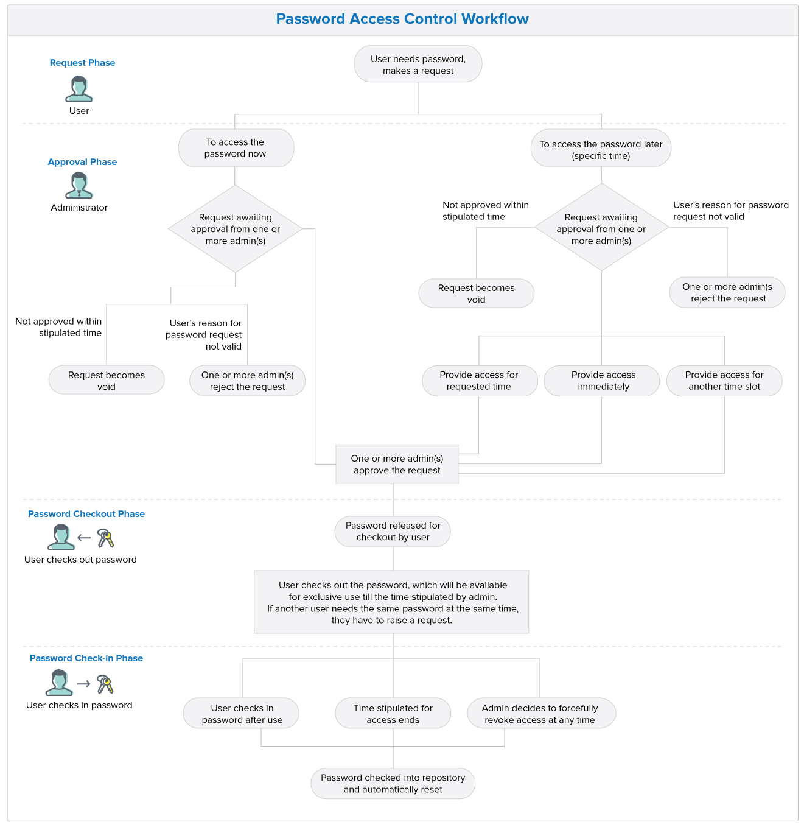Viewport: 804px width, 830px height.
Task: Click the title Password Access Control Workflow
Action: [402, 19]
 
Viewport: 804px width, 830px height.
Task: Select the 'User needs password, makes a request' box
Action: [418, 65]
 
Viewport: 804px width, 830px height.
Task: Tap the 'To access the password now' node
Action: [236, 148]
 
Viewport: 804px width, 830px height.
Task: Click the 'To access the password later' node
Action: [601, 150]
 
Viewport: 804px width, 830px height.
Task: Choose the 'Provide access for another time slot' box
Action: [724, 381]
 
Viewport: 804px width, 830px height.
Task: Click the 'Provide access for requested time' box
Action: [479, 381]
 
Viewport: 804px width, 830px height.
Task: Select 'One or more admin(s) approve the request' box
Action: [397, 464]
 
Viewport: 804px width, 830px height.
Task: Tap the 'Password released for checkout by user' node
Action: [393, 531]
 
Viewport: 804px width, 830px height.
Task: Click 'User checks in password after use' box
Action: [242, 714]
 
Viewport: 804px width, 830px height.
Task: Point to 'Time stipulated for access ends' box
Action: [393, 714]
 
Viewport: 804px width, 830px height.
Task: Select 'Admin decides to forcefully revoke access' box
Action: [540, 714]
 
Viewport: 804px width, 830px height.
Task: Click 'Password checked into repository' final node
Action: [393, 783]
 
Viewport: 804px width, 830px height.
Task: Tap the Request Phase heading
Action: [82, 63]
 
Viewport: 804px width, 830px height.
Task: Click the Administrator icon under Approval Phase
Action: [79, 185]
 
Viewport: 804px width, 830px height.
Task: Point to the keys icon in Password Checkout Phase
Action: [106, 538]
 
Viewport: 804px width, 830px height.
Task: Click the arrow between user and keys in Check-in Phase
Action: [84, 684]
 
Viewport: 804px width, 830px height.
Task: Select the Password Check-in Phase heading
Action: [86, 658]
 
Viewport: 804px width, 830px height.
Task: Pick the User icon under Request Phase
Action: [79, 89]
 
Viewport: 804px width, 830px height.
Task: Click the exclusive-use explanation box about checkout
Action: [391, 602]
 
